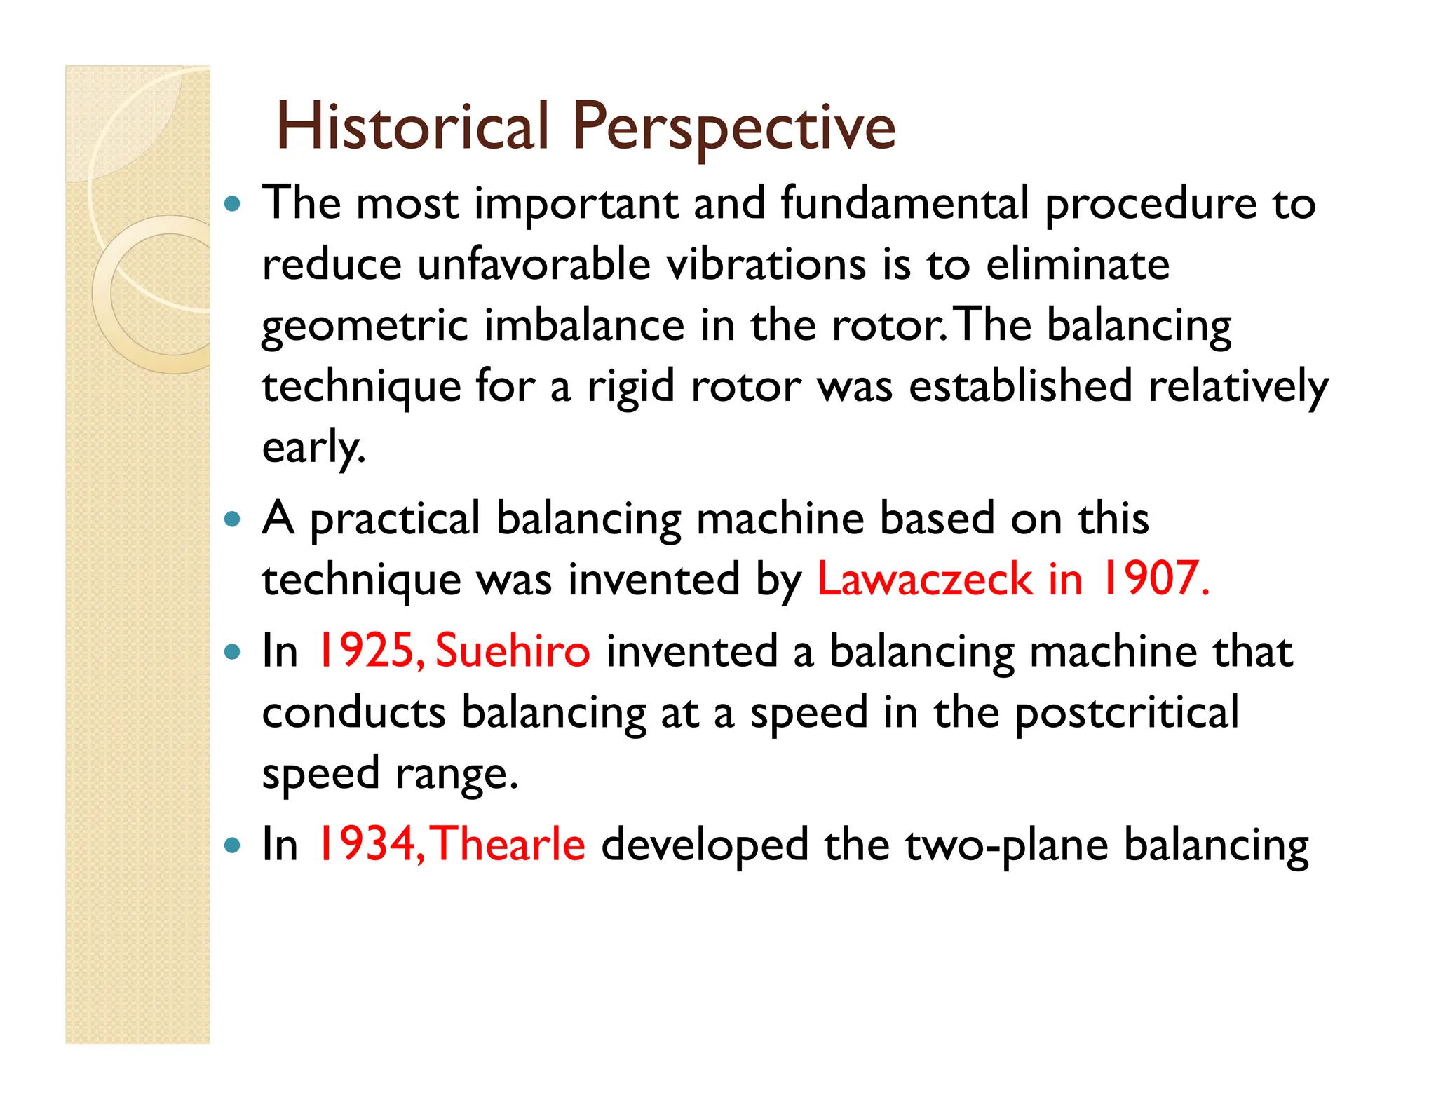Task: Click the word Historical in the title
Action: pos(412,127)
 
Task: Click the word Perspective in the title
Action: pos(733,127)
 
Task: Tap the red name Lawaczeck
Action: pos(924,580)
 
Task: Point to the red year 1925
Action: pos(370,651)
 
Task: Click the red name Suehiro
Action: pos(513,651)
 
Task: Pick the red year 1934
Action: pos(370,845)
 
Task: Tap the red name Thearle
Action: pos(508,845)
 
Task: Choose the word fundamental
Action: pos(905,204)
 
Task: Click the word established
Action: pos(1020,387)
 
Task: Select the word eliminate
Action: pos(1078,265)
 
